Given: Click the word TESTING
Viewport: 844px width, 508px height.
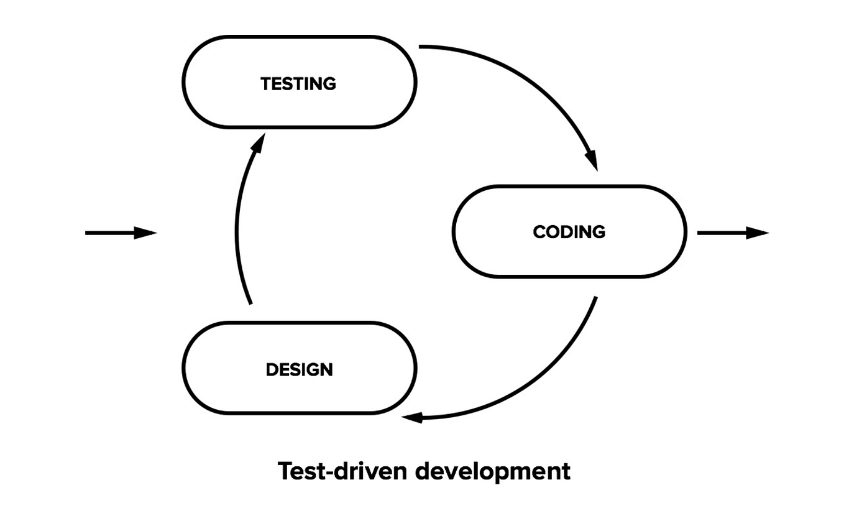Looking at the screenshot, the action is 298,84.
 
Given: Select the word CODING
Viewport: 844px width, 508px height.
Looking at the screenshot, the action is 569,232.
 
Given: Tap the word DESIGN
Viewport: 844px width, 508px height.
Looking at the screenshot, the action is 299,370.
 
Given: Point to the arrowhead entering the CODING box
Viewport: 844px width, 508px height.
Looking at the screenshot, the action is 592,160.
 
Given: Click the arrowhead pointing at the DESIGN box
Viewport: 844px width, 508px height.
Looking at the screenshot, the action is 412,418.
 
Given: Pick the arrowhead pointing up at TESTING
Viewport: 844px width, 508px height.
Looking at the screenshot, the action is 259,142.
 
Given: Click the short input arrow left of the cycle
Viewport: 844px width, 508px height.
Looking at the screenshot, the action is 121,233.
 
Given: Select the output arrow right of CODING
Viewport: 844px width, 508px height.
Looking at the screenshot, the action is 733,233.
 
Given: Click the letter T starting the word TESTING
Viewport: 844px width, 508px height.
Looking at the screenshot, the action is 267,84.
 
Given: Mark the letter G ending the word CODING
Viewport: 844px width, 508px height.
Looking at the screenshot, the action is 599,232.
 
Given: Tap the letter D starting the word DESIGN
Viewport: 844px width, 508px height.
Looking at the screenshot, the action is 272,370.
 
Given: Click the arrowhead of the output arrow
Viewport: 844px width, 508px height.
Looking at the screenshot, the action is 758,233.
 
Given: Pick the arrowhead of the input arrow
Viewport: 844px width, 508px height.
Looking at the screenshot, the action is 145,233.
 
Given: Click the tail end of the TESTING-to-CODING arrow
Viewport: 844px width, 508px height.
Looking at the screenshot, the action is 420,47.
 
